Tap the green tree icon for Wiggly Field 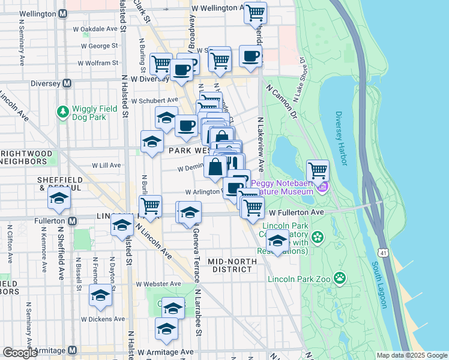[x=62, y=112]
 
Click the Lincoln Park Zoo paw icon [x=340, y=277]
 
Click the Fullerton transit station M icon [x=72, y=221]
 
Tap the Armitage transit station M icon [x=72, y=350]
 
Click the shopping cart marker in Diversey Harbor [x=317, y=171]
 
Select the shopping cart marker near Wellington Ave [x=255, y=12]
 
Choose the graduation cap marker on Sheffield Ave [x=59, y=199]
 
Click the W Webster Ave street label [x=158, y=284]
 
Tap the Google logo [x=20, y=353]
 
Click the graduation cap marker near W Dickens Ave [x=100, y=295]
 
